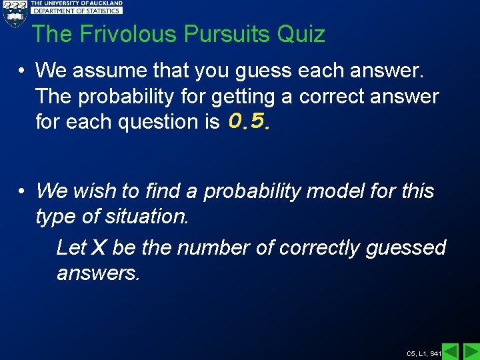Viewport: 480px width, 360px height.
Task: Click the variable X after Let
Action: click(98, 248)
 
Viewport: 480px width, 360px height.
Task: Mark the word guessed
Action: click(406, 248)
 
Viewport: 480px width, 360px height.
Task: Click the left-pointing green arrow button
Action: click(451, 351)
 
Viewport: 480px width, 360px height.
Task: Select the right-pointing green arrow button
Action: click(471, 351)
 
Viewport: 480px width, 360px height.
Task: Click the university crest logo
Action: click(15, 13)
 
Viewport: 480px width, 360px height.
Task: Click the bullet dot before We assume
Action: click(22, 70)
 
